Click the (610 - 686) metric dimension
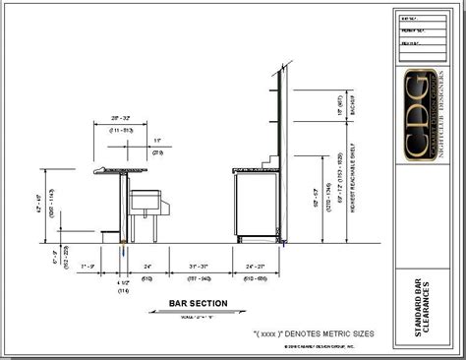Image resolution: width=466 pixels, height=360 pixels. tap(258, 277)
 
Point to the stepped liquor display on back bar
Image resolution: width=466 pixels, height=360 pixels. tap(266, 159)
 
